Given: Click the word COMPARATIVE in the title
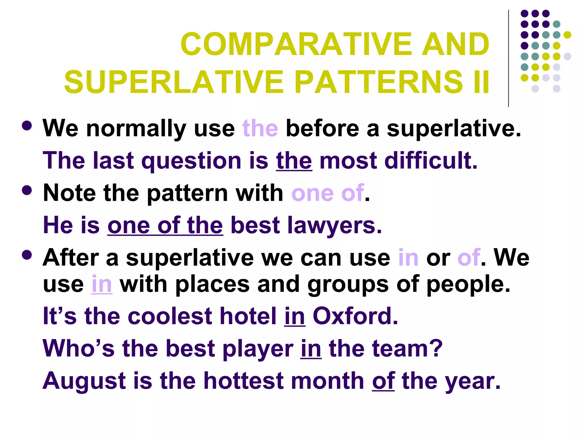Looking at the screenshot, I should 296,44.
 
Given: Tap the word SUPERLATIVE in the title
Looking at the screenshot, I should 174,82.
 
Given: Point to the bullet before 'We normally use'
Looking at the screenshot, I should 27,126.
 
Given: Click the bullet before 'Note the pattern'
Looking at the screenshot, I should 27,190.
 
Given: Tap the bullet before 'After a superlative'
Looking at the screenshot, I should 27,255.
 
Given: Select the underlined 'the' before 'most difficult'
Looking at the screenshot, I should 294,161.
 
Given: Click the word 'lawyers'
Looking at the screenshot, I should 334,225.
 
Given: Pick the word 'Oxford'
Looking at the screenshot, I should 355,316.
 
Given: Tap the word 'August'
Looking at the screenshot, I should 84,381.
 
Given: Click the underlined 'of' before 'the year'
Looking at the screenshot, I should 383,381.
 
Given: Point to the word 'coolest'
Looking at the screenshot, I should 170,316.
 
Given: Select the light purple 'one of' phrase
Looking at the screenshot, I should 328,193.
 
